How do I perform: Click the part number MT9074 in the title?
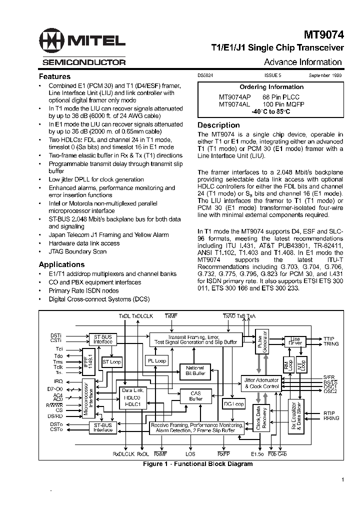pyautogui.click(x=323, y=35)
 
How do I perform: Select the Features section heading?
pyautogui.click(x=54, y=76)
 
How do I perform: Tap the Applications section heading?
pyautogui.click(x=61, y=264)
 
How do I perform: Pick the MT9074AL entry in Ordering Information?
pyautogui.click(x=234, y=104)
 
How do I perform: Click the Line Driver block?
pyautogui.click(x=295, y=341)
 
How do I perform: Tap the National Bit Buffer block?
pyautogui.click(x=195, y=370)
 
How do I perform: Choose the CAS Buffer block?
pyautogui.click(x=195, y=396)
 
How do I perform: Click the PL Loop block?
pyautogui.click(x=157, y=360)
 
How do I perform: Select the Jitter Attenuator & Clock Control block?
pyautogui.click(x=261, y=383)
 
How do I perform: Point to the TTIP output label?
pyautogui.click(x=330, y=338)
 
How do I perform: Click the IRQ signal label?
pyautogui.click(x=59, y=381)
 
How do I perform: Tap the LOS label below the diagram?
pyautogui.click(x=190, y=454)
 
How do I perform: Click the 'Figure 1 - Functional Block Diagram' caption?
pyautogui.click(x=197, y=464)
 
